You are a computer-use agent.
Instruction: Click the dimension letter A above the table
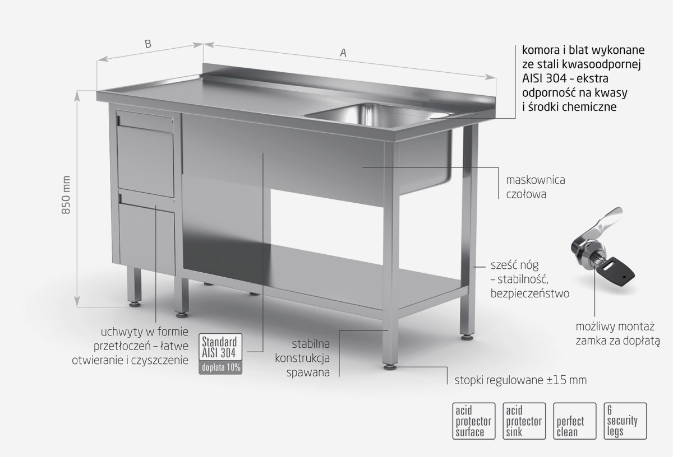click(x=343, y=53)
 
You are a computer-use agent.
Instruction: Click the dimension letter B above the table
click(x=148, y=44)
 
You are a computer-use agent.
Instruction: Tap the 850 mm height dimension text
click(x=66, y=195)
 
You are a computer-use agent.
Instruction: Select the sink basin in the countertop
click(x=379, y=115)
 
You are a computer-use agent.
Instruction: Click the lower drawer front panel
click(x=147, y=239)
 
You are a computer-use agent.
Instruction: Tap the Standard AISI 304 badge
click(x=220, y=347)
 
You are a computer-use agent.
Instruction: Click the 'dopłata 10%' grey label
click(x=220, y=367)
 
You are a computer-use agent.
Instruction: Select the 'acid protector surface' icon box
click(x=473, y=421)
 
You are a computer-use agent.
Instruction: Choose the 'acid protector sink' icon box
click(x=524, y=421)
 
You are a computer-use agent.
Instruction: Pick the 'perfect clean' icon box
click(x=574, y=421)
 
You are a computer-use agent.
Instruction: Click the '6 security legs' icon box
click(x=625, y=421)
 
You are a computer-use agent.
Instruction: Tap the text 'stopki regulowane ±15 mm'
click(x=520, y=380)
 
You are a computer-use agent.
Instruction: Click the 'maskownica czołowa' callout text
click(x=536, y=187)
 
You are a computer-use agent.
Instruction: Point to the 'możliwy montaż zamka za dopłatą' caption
click(x=617, y=334)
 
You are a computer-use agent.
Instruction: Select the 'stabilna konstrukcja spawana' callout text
click(x=302, y=358)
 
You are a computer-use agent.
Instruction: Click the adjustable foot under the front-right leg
click(x=390, y=367)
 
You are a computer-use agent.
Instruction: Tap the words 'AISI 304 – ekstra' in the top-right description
click(x=565, y=78)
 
